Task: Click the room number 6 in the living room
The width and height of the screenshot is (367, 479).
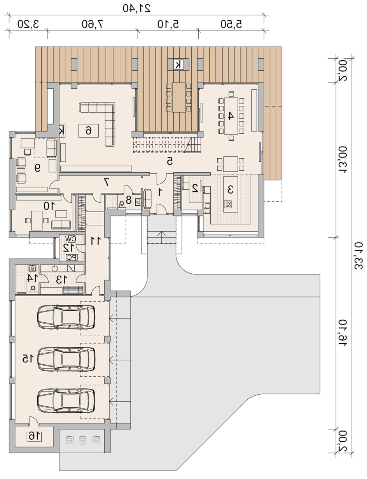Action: (89, 131)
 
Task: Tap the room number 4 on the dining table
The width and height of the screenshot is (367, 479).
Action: (231, 115)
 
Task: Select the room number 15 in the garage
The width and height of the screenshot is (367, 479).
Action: (28, 358)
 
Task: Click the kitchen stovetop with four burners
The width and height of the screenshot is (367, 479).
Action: (228, 205)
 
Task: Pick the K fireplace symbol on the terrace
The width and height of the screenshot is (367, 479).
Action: (178, 65)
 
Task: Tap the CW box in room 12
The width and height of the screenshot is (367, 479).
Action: (71, 239)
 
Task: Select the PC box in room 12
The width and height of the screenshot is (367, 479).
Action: (72, 257)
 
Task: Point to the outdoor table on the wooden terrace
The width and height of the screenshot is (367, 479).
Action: (179, 97)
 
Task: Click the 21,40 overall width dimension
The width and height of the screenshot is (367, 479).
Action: (136, 9)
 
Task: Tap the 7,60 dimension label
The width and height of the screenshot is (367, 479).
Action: (93, 24)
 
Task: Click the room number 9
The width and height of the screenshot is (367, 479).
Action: (37, 169)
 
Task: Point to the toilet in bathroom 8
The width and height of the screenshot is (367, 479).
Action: (121, 205)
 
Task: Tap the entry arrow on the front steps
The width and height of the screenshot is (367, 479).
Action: (162, 236)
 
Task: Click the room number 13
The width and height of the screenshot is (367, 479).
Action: (61, 280)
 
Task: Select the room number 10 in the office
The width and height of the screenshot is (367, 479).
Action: (49, 206)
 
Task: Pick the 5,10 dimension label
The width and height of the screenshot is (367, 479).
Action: (168, 24)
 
